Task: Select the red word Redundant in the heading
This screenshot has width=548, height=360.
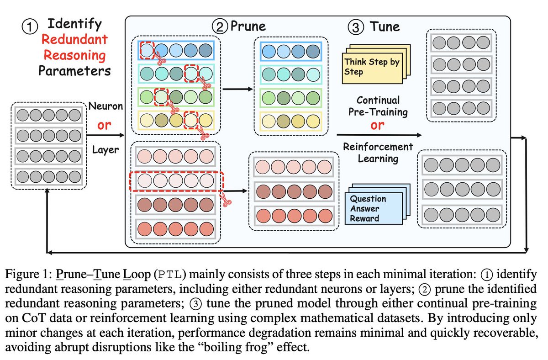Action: [74, 40]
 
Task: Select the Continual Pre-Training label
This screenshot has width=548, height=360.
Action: [377, 105]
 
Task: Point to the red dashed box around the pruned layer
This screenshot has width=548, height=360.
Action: [175, 181]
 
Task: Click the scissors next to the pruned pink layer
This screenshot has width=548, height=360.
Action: [225, 198]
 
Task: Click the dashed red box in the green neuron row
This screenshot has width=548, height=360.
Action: [161, 96]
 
